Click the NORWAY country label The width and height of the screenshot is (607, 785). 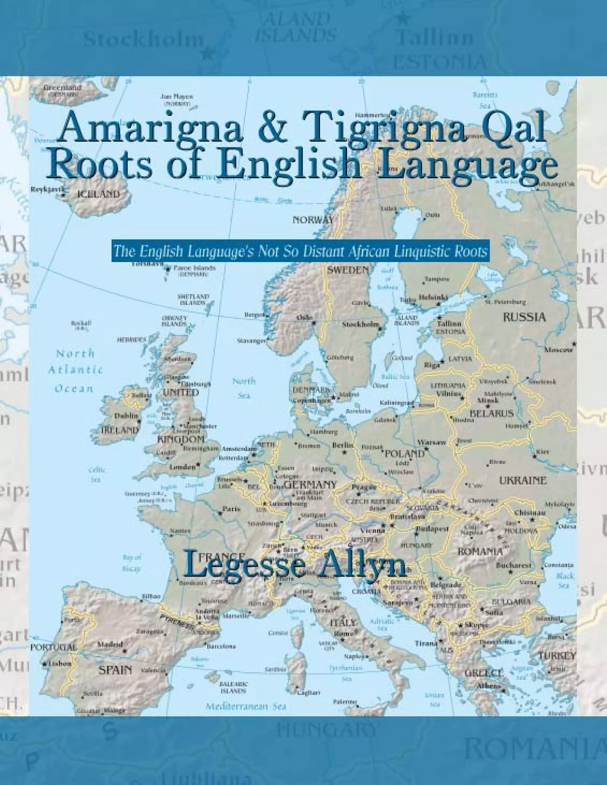pyautogui.click(x=313, y=220)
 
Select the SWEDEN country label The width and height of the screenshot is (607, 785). pyautogui.click(x=348, y=270)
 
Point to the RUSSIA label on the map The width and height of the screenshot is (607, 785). pyautogui.click(x=524, y=317)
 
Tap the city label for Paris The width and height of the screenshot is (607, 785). pyautogui.click(x=231, y=509)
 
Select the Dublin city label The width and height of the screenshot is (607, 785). pyautogui.click(x=126, y=416)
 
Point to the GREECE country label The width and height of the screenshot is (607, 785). pyautogui.click(x=484, y=673)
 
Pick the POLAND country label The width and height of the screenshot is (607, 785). pyautogui.click(x=405, y=454)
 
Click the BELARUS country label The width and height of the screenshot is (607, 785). pyautogui.click(x=492, y=414)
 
